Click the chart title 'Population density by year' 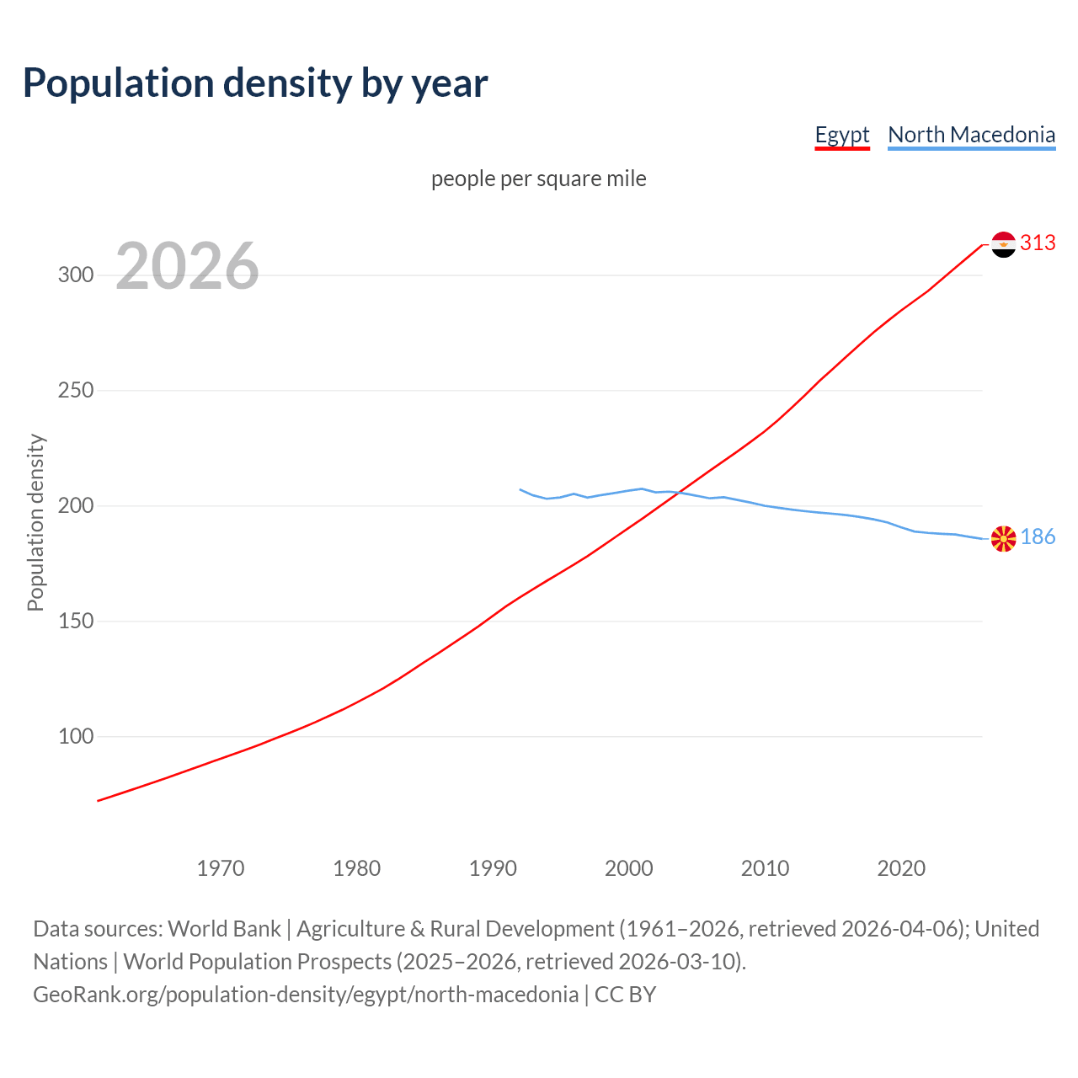(x=255, y=83)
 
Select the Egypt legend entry (x=841, y=135)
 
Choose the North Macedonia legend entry (x=971, y=135)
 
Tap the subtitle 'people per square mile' (x=538, y=179)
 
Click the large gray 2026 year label (x=187, y=266)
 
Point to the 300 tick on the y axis (x=75, y=275)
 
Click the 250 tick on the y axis (x=75, y=391)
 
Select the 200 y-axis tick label (x=75, y=506)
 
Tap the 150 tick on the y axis (x=75, y=622)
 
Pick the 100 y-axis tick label (x=75, y=737)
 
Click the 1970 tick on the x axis (x=221, y=868)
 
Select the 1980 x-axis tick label (x=356, y=868)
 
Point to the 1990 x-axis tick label (x=493, y=868)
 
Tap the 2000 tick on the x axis (x=629, y=868)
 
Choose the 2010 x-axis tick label (x=765, y=868)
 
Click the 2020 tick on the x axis (x=901, y=868)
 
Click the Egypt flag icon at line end (x=1003, y=244)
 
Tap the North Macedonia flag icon (x=1003, y=538)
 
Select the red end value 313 (x=1038, y=243)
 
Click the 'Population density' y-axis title (x=35, y=522)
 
